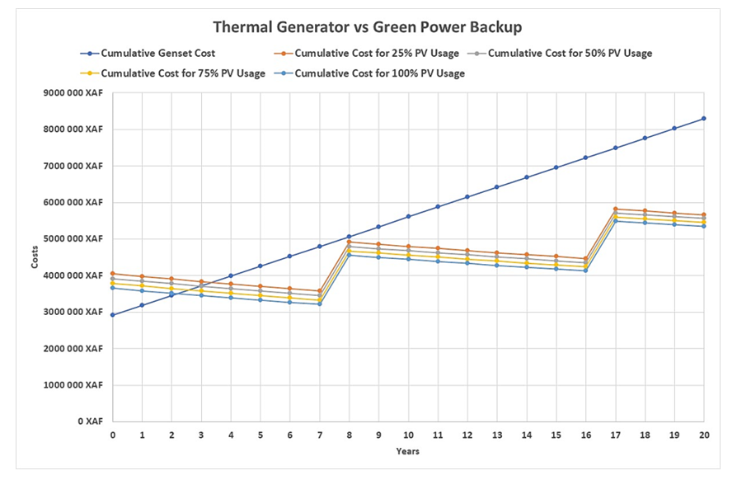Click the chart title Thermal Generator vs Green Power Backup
(x=368, y=27)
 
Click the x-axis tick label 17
(x=615, y=435)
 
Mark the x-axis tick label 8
(x=350, y=435)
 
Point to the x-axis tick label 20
(x=703, y=435)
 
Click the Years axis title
(x=407, y=451)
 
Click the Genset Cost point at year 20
(x=703, y=119)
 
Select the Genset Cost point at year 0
(x=113, y=315)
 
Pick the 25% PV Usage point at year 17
(x=615, y=209)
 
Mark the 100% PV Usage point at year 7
(x=320, y=304)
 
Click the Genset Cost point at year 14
(x=527, y=177)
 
